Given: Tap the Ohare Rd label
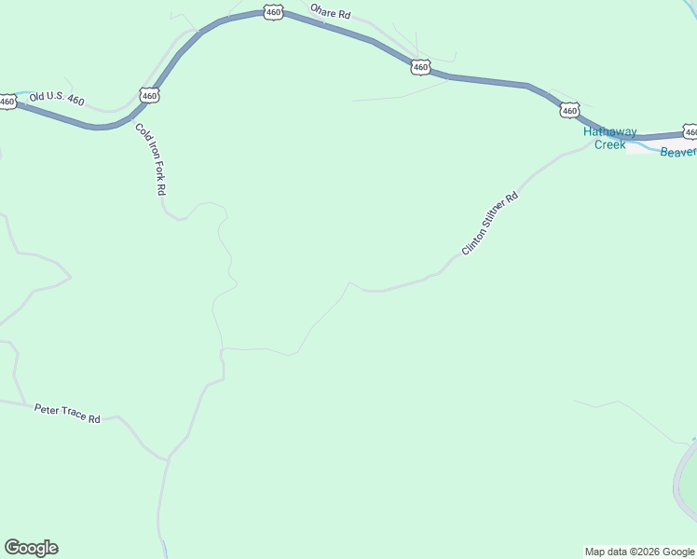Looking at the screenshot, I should coord(331,15).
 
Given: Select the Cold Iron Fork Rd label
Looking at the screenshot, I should coord(150,159).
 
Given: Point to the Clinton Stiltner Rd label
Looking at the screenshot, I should coord(489,225).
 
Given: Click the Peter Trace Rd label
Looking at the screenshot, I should coord(67,414).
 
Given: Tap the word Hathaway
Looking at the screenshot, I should coord(610,132).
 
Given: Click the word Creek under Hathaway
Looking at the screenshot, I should coord(610,144).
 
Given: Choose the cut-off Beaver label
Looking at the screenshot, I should coord(677,152).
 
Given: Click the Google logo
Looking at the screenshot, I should coord(31,548).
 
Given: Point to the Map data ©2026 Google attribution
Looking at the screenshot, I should coord(639,552).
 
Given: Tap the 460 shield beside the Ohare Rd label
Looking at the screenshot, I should coord(272,12).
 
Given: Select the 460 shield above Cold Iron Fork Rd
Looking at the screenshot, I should coord(149,95).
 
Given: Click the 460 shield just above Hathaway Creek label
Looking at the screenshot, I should coord(569,110).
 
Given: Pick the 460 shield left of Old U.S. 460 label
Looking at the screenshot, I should coord(7,102).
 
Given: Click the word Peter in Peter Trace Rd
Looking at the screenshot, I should coord(47,409).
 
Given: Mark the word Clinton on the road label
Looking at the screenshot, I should coord(474,240).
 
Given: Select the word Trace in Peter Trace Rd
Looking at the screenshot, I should coord(73,415).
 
